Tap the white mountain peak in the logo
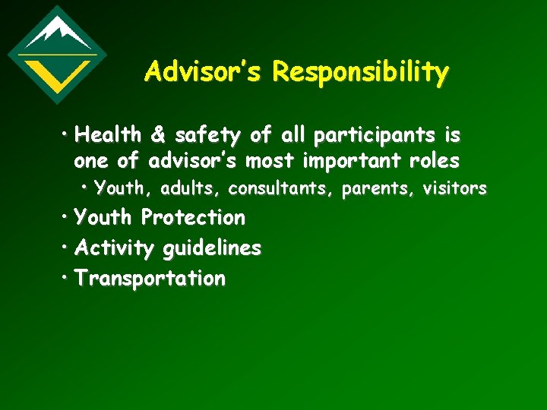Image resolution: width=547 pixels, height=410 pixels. pyautogui.click(x=57, y=32)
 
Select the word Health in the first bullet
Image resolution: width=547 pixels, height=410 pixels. pyautogui.click(x=108, y=135)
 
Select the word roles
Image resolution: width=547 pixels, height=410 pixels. pyautogui.click(x=434, y=160)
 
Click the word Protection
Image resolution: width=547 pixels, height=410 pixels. pyautogui.click(x=193, y=218)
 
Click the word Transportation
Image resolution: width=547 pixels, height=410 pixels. pyautogui.click(x=150, y=279)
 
